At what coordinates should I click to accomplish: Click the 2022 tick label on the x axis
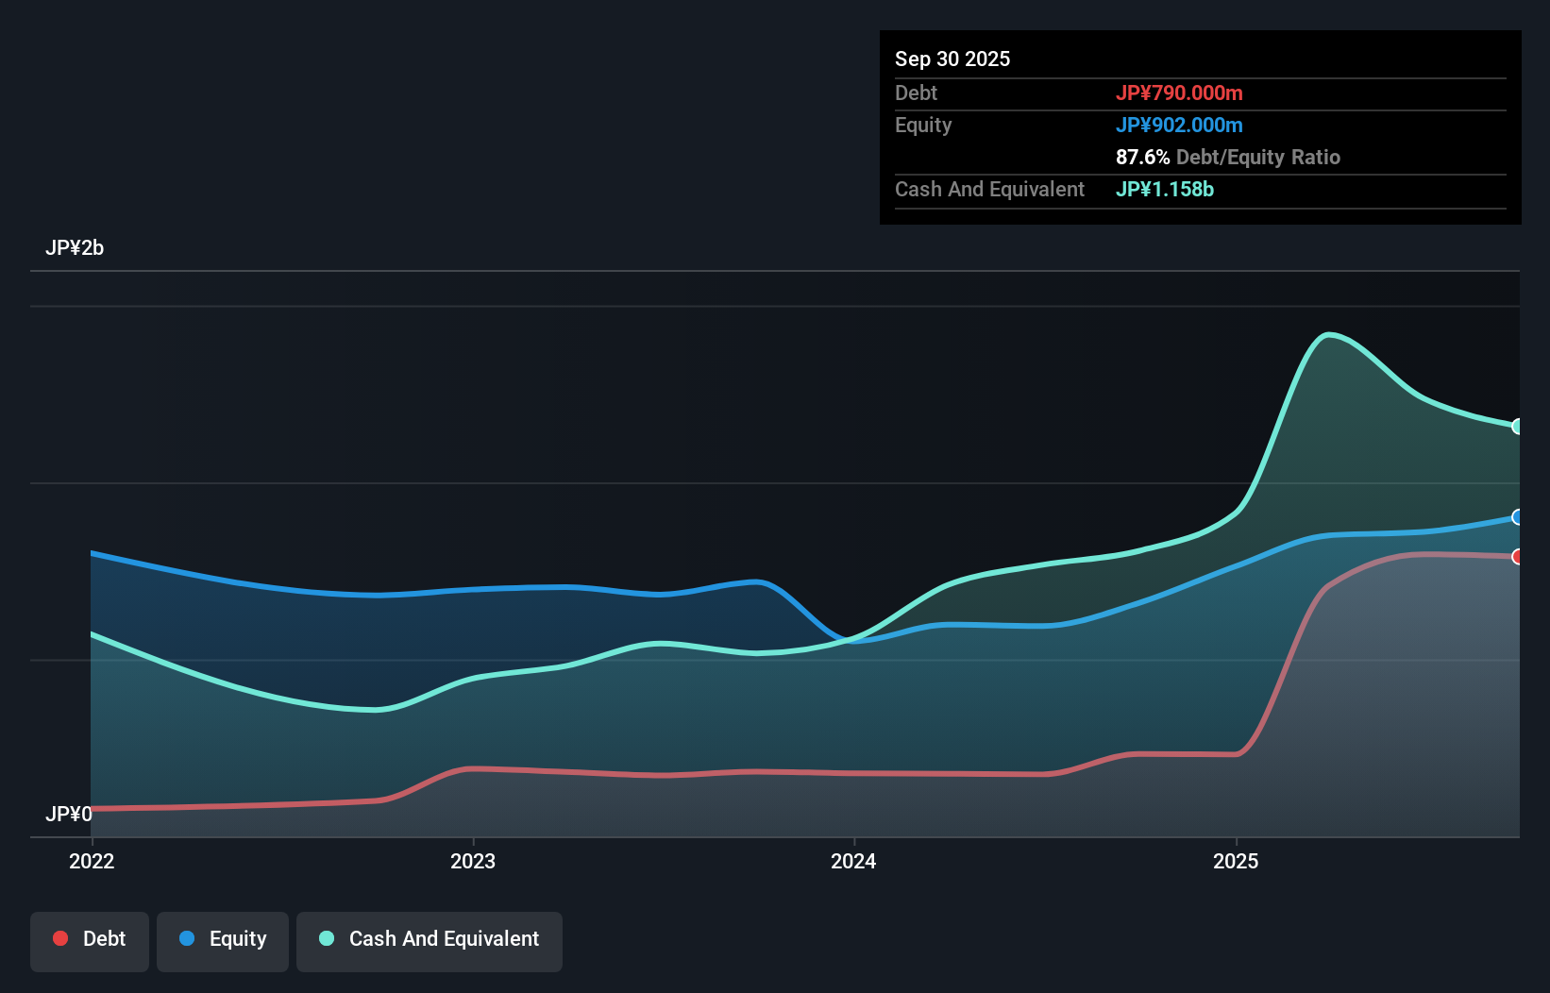pos(92,861)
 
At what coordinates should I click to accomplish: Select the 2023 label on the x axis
pos(473,861)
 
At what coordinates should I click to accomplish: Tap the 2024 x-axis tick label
pos(853,861)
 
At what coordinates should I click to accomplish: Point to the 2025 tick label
pos(1236,861)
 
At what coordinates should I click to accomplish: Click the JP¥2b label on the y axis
pos(75,248)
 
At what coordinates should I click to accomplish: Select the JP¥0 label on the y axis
pos(68,814)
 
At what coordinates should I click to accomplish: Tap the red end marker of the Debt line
pos(1518,557)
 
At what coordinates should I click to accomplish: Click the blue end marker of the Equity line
pos(1518,517)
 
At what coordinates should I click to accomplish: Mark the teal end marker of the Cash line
pos(1518,427)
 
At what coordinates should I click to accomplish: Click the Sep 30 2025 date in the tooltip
pos(952,59)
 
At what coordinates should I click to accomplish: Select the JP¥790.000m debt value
pos(1179,93)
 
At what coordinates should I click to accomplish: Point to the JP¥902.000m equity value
pos(1179,125)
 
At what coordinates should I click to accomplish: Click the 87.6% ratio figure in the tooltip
pos(1142,157)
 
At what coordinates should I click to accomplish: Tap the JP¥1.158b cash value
pos(1165,189)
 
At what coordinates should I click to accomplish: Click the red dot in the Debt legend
pos(60,938)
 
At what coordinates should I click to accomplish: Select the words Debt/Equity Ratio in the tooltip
pos(1258,157)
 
